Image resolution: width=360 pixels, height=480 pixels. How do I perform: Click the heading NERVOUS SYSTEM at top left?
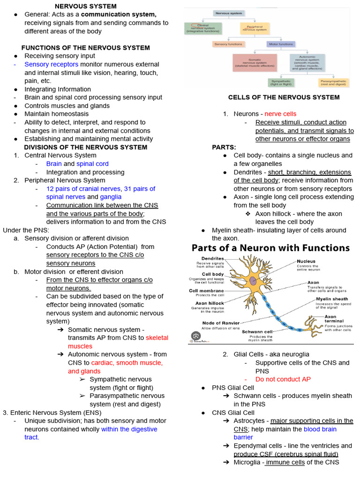click(x=86, y=6)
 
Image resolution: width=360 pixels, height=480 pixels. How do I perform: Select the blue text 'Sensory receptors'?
click(x=52, y=64)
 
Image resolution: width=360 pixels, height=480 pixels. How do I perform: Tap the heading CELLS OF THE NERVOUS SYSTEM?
click(x=284, y=97)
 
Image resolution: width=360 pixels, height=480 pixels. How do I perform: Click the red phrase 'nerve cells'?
click(x=280, y=114)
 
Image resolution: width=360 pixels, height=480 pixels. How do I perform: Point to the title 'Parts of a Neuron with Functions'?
click(x=270, y=247)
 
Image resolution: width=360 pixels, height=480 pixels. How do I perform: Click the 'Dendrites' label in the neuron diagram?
click(x=212, y=258)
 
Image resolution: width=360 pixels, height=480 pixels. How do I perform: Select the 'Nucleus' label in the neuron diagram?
click(x=306, y=261)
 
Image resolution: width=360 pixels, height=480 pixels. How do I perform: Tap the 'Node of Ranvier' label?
click(x=221, y=323)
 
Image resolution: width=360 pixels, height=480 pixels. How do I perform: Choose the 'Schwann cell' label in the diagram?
click(x=257, y=331)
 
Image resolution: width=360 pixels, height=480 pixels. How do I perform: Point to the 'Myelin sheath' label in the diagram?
click(x=332, y=299)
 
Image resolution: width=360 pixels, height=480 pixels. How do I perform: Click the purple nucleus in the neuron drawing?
click(x=253, y=280)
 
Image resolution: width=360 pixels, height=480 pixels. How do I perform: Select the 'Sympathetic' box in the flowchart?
click(x=281, y=82)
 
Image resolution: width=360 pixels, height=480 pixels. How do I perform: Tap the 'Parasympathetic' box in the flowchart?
click(x=333, y=82)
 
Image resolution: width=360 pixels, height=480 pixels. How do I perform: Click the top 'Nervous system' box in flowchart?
click(x=228, y=13)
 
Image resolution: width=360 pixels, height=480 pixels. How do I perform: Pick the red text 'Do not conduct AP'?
click(x=283, y=379)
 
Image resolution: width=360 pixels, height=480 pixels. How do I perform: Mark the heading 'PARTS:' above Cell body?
click(x=224, y=147)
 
